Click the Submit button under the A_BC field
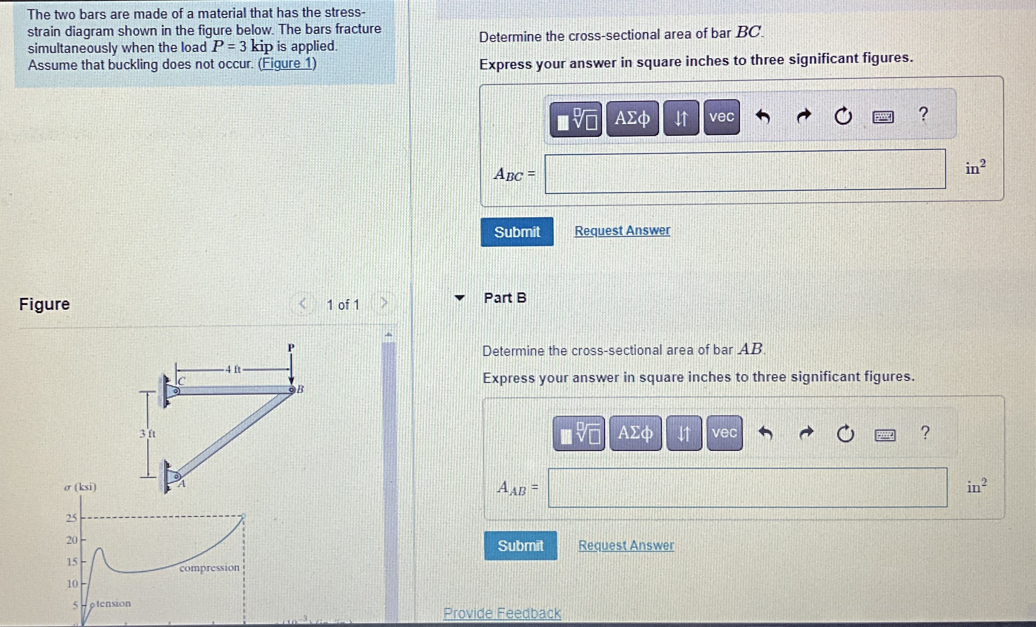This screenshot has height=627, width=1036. [517, 232]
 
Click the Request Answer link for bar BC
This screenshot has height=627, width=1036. [622, 230]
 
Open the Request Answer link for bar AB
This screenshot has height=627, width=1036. [626, 545]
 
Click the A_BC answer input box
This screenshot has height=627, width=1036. [745, 172]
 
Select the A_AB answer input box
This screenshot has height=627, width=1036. [747, 488]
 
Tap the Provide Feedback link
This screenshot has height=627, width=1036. [502, 613]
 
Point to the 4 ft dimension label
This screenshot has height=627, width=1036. [233, 369]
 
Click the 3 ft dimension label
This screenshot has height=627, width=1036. [147, 433]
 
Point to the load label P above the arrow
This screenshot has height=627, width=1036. [291, 347]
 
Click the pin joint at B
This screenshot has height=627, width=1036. [292, 390]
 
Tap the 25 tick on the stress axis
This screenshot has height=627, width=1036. [72, 518]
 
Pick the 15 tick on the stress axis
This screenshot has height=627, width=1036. [72, 562]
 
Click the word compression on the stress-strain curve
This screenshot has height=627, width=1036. [209, 568]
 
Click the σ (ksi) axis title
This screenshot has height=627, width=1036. [80, 487]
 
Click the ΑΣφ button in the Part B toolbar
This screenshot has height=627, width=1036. [635, 433]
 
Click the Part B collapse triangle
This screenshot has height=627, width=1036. [459, 298]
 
